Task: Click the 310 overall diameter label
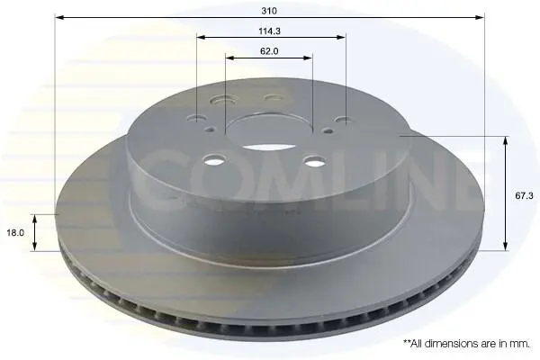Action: (x=269, y=11)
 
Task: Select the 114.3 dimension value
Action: (x=270, y=31)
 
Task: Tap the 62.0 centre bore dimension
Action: (x=269, y=51)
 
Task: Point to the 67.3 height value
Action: (x=524, y=195)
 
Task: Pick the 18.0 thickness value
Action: (x=15, y=232)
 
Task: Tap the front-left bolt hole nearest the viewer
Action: (x=214, y=159)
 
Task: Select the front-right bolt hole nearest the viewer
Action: (x=315, y=160)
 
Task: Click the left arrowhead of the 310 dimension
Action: (x=59, y=17)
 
